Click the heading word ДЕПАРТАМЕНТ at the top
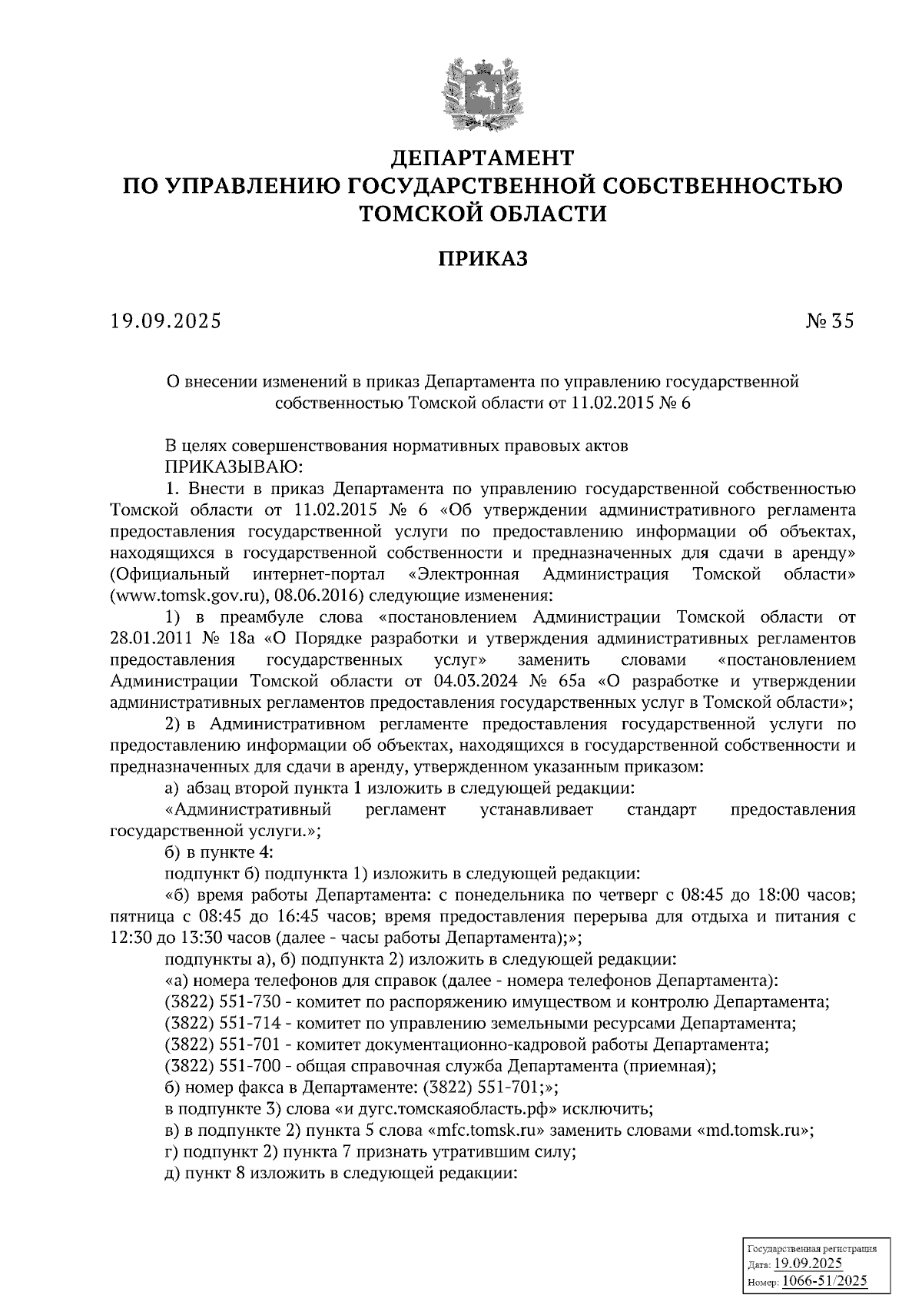tap(483, 158)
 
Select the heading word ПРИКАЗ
tap(483, 260)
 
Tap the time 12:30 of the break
tap(131, 938)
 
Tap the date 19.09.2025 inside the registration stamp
tap(808, 1265)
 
